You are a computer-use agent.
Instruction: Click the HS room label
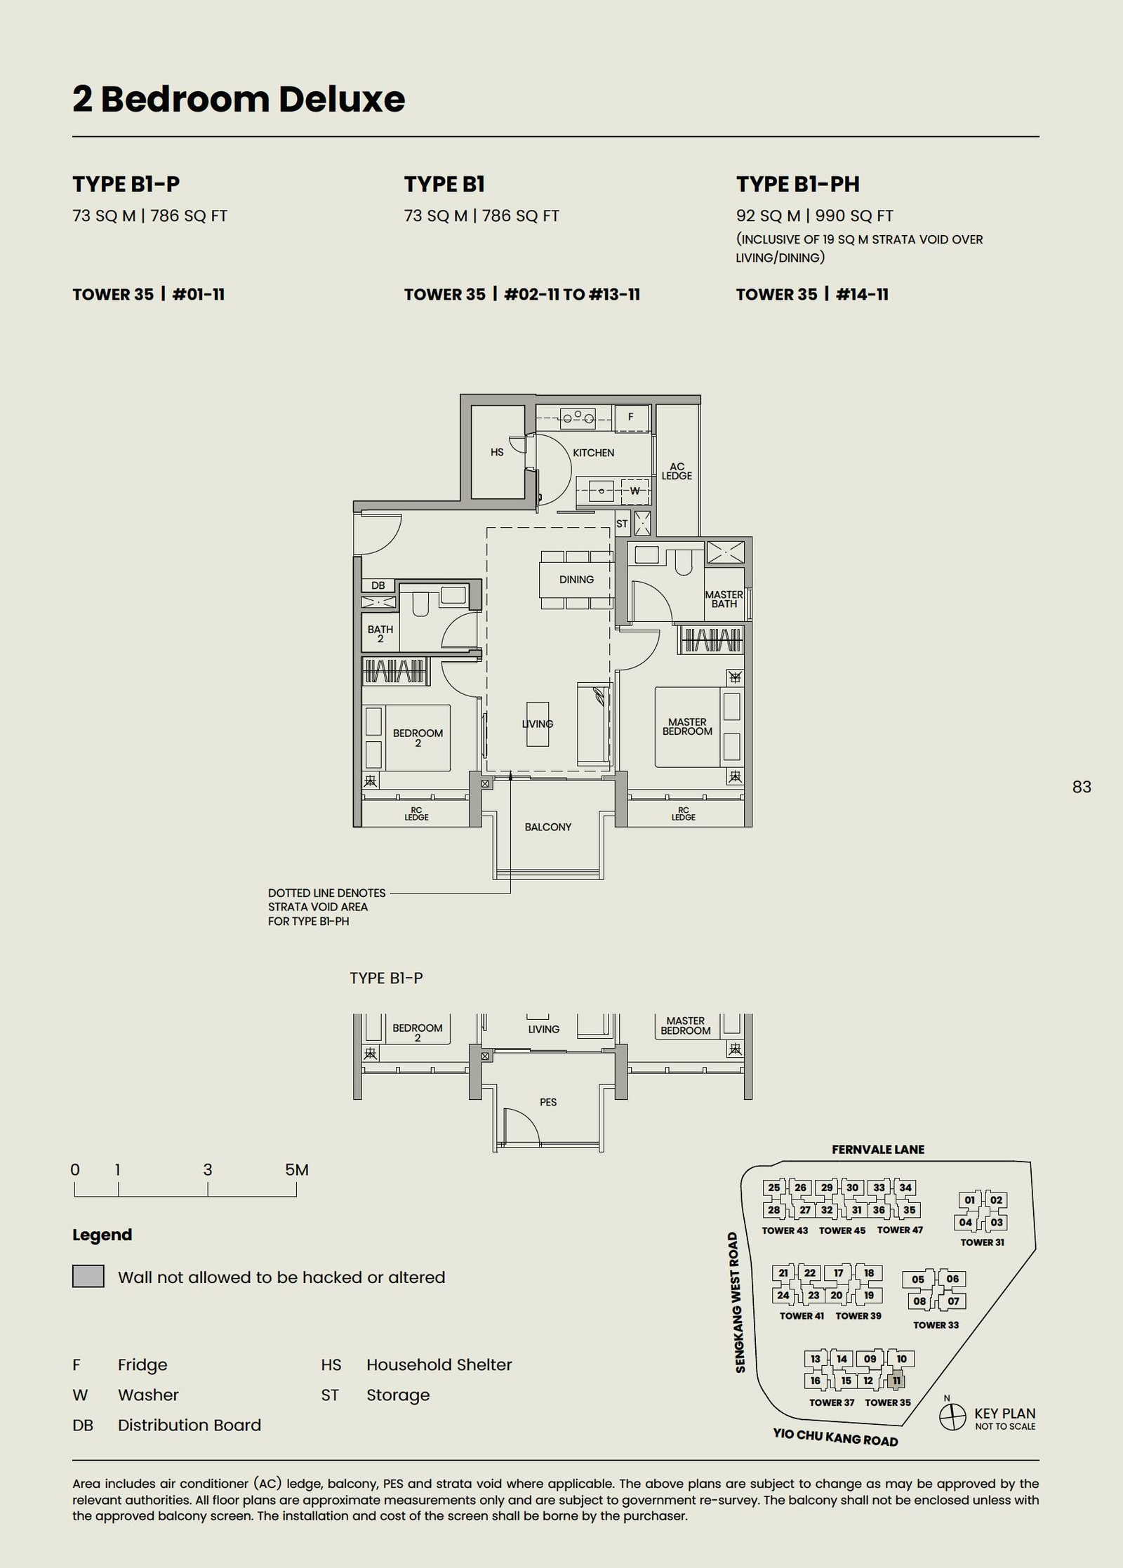click(x=497, y=452)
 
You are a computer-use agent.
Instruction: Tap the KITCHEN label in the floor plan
click(x=593, y=453)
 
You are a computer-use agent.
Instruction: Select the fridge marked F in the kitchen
click(x=630, y=417)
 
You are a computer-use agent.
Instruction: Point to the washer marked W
click(x=634, y=491)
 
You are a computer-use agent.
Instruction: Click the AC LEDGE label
click(x=677, y=471)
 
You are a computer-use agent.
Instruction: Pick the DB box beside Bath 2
click(x=378, y=585)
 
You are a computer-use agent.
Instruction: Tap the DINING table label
click(x=576, y=580)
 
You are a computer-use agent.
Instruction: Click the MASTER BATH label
click(x=724, y=599)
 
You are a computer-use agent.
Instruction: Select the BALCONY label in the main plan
click(x=548, y=827)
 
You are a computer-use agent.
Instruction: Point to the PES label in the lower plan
click(x=548, y=1102)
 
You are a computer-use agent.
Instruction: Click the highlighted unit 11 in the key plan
click(x=896, y=1381)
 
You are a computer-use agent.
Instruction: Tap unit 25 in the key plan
click(x=774, y=1188)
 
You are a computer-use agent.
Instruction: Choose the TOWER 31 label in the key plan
click(x=982, y=1242)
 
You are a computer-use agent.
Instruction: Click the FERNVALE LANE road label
click(x=878, y=1150)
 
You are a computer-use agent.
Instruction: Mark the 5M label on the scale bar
click(x=297, y=1169)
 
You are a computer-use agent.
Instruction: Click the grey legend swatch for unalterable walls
click(x=88, y=1276)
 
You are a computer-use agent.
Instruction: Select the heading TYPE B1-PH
click(x=798, y=184)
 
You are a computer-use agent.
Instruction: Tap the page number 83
click(x=1082, y=787)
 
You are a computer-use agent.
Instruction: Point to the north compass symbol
click(x=952, y=1416)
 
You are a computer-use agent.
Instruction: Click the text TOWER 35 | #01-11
click(x=149, y=294)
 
